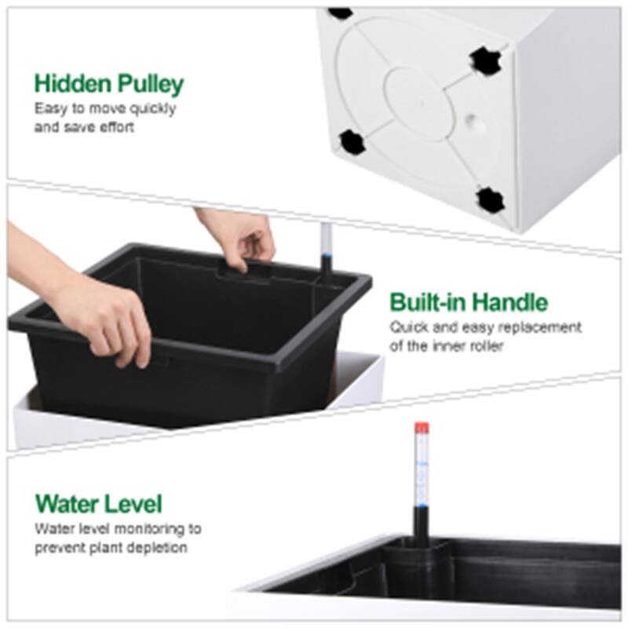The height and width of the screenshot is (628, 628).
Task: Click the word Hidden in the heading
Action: (71, 83)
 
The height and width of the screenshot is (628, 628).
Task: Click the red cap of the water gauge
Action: (420, 429)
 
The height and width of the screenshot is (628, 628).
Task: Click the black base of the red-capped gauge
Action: (420, 522)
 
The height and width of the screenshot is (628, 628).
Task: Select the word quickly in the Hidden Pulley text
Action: (152, 109)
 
